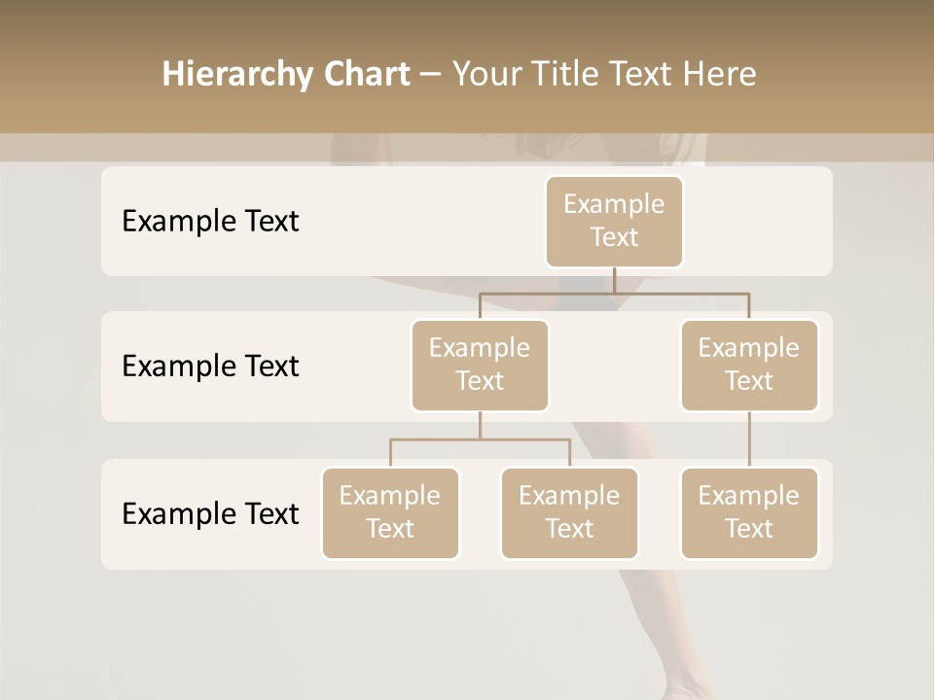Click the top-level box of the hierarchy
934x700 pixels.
click(x=614, y=221)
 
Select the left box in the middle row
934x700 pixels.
click(x=480, y=365)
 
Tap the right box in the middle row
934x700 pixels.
click(x=749, y=365)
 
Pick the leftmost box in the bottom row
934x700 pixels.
click(x=390, y=512)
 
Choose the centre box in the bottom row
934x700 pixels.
click(x=569, y=512)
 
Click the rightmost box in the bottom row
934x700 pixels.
click(x=749, y=512)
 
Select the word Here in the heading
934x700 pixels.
click(x=720, y=75)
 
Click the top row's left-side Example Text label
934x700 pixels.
click(x=210, y=222)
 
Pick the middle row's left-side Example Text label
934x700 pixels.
click(x=210, y=367)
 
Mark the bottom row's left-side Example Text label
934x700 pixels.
click(x=210, y=513)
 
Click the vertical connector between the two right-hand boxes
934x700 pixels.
click(x=749, y=439)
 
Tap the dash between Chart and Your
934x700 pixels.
click(x=431, y=75)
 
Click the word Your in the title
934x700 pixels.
click(x=487, y=75)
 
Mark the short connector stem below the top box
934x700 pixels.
click(x=614, y=280)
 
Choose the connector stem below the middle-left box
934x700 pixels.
click(x=480, y=425)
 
